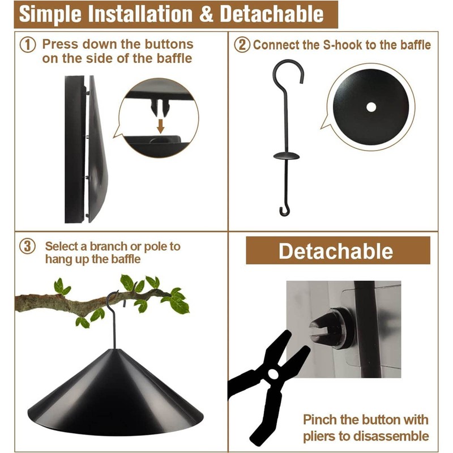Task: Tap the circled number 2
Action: (x=242, y=45)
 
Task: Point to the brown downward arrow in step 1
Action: (x=160, y=125)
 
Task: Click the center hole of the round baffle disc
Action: (x=371, y=106)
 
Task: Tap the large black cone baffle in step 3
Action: (x=113, y=385)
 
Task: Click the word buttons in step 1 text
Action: (x=169, y=44)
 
